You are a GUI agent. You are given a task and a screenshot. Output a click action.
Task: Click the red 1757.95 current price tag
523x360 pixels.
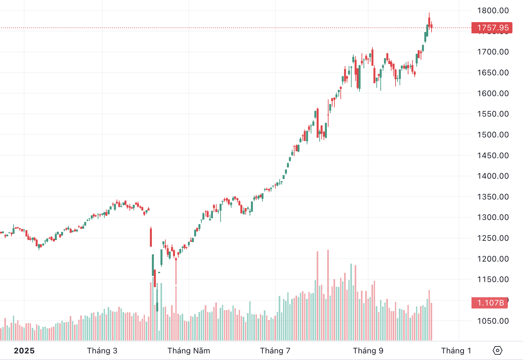[492, 28]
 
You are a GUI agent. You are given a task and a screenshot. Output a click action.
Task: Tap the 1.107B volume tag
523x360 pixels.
[490, 303]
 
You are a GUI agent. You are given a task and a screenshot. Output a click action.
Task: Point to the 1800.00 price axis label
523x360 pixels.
[493, 11]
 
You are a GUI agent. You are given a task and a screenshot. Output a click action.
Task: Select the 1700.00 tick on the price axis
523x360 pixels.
[493, 52]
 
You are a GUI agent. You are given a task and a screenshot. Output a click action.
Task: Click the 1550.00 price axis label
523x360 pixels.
[493, 114]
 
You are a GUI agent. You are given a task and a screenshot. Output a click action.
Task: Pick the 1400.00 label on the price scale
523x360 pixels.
[493, 176]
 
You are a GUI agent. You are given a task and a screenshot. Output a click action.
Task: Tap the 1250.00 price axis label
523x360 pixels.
[493, 238]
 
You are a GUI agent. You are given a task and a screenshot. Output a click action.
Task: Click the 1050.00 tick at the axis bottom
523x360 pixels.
[493, 321]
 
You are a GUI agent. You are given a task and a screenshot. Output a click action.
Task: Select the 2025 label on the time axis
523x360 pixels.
[24, 351]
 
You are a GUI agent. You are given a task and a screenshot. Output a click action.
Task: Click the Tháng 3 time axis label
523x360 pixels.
[102, 351]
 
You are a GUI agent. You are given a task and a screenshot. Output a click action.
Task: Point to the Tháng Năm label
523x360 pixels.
[189, 351]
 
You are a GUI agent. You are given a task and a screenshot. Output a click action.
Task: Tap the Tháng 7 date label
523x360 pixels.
[275, 351]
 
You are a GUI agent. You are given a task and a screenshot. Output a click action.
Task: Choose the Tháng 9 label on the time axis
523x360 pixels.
[368, 351]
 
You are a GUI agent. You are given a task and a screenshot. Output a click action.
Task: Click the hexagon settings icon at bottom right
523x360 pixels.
[497, 350]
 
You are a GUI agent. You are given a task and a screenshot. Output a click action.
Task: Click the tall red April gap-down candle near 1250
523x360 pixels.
[151, 237]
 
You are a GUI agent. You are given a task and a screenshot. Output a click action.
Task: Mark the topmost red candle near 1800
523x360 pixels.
[429, 21]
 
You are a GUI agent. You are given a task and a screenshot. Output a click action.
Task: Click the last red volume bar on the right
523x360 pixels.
[431, 321]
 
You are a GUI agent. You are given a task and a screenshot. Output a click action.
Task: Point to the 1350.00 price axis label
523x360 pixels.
[493, 197]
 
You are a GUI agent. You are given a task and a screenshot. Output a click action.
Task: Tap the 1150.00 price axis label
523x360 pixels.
[493, 279]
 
